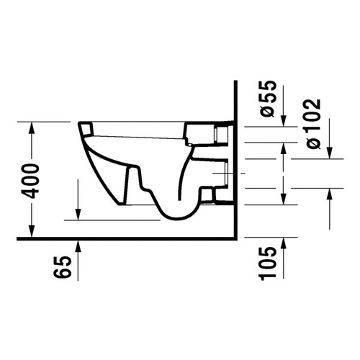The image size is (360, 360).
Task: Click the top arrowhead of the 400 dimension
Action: (x=32, y=126)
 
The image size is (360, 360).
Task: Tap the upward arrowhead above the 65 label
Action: (x=78, y=243)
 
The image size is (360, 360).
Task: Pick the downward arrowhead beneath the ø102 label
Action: (x=332, y=153)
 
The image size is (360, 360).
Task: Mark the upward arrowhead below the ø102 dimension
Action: (x=332, y=193)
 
